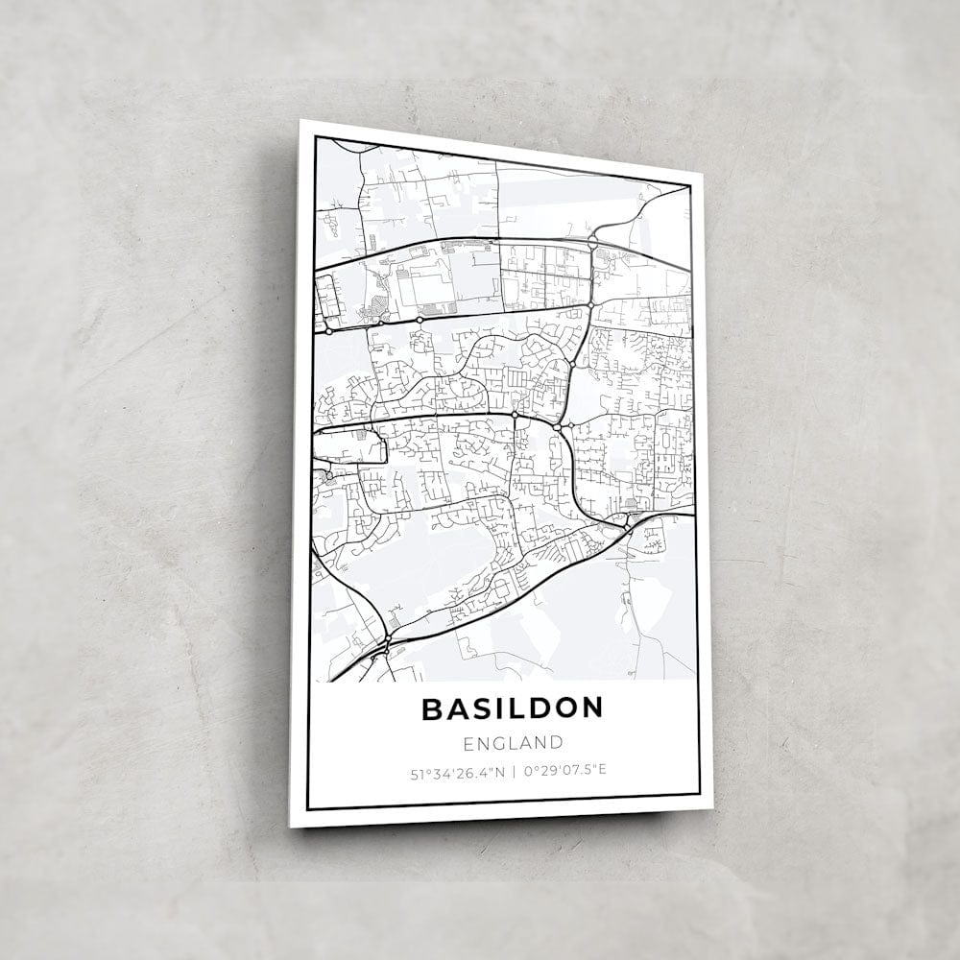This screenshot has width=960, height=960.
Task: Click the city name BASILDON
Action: tap(512, 708)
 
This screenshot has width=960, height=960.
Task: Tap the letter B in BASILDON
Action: tap(431, 708)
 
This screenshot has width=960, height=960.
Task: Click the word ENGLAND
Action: tap(512, 742)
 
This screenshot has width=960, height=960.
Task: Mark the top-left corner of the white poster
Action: tap(300, 120)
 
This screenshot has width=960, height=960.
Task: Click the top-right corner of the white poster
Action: tap(702, 174)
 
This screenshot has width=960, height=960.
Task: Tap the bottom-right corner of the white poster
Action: tap(711, 808)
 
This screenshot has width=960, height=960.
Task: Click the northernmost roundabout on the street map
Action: tap(592, 239)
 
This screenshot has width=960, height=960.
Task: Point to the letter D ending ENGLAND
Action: tap(555, 742)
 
